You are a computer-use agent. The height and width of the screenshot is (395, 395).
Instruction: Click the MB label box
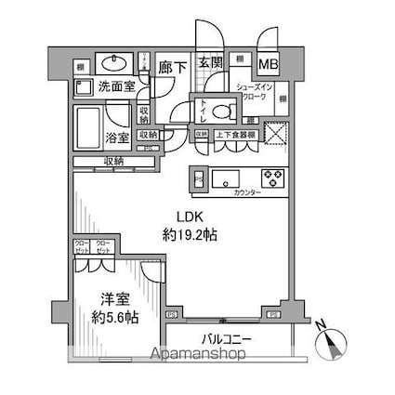268,64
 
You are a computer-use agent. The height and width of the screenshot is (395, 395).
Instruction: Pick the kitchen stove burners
273,177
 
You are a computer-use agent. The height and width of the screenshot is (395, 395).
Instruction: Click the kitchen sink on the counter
225,177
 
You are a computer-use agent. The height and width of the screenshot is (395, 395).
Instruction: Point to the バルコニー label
225,339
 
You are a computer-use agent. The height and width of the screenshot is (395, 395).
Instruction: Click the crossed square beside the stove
276,132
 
